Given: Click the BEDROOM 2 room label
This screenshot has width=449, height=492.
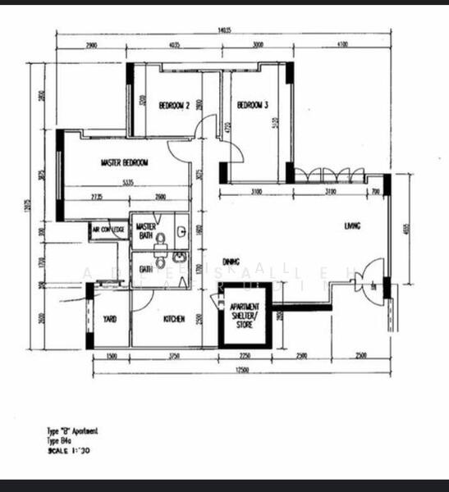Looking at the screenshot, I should click(x=174, y=106).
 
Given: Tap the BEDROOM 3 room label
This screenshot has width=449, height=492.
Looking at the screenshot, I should click(x=254, y=106).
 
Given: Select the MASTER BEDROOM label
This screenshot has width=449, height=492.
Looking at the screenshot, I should click(x=125, y=163).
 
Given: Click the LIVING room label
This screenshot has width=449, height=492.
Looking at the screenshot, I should click(x=353, y=225).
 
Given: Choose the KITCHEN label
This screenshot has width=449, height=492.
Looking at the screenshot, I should click(x=173, y=319).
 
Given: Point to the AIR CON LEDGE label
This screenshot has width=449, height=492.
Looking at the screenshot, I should click(x=108, y=231).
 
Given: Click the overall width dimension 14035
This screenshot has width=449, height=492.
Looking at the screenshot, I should click(x=223, y=31).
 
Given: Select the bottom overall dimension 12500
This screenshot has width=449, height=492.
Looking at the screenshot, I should click(x=242, y=370).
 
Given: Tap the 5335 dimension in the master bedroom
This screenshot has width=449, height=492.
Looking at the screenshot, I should click(x=127, y=183).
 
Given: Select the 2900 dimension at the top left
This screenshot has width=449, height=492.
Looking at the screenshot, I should click(x=91, y=45).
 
